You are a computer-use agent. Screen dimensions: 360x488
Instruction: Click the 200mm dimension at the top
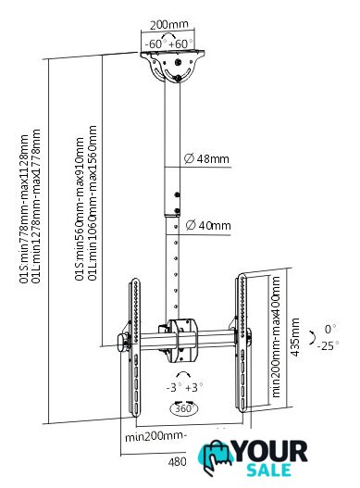pyautogui.click(x=169, y=25)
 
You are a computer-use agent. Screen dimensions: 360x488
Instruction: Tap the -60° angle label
pyautogui.click(x=155, y=44)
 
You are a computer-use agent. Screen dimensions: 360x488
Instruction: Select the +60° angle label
pyautogui.click(x=180, y=44)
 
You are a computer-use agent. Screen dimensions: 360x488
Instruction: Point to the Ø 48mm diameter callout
pyautogui.click(x=206, y=158)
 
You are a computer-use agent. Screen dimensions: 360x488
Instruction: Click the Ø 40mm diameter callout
pyautogui.click(x=208, y=225)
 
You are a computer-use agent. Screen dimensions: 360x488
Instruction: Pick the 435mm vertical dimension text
pyautogui.click(x=294, y=337)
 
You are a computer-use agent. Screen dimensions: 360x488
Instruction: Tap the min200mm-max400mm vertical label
pyautogui.click(x=276, y=337)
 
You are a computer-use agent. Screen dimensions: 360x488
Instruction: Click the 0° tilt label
pyautogui.click(x=330, y=329)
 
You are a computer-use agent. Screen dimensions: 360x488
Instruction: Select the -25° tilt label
pyautogui.click(x=328, y=345)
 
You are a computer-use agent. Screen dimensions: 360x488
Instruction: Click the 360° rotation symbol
pyautogui.click(x=184, y=408)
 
